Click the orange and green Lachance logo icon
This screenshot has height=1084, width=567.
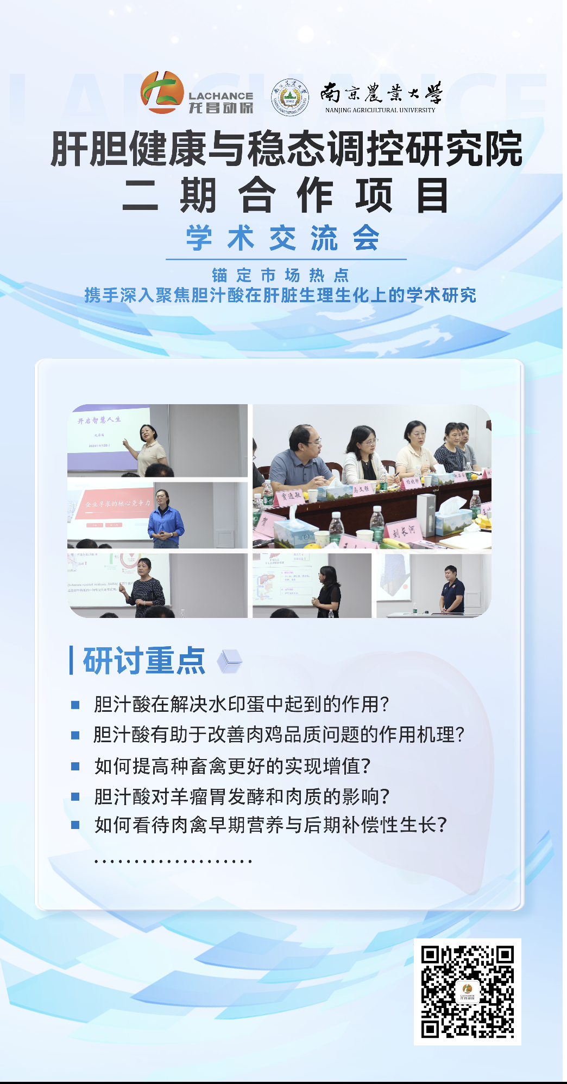point(162,93)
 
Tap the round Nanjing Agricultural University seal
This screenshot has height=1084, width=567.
point(289,97)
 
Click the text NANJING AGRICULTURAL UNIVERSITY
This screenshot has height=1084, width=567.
point(380,110)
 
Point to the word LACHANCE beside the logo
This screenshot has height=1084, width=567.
point(220,96)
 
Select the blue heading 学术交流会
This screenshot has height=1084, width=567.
point(283,238)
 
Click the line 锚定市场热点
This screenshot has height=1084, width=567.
point(281,275)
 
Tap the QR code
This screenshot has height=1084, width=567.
point(467,991)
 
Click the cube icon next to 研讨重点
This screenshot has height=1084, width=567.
point(229,661)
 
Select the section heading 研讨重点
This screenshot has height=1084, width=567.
point(144,661)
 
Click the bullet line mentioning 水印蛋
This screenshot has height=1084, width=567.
point(241,704)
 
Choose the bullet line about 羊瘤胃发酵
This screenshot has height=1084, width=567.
point(242,796)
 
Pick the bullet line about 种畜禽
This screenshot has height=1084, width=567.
point(232,766)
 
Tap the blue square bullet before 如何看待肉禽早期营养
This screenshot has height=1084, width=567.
point(75,825)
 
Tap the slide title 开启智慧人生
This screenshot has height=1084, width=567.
point(99,420)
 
